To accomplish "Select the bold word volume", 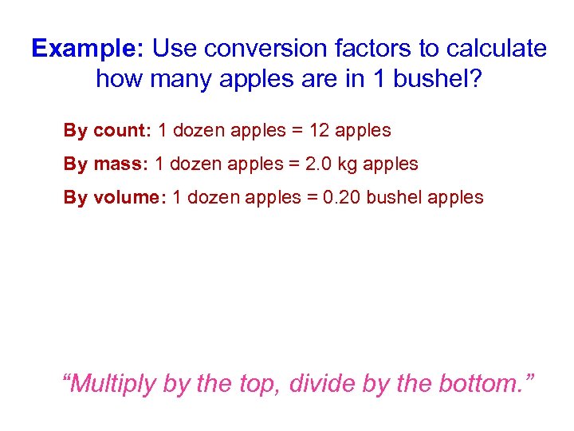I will pyautogui.click(x=130, y=198).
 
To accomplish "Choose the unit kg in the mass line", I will pyautogui.click(x=350, y=164).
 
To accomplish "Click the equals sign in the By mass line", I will pyautogui.click(x=296, y=164).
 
